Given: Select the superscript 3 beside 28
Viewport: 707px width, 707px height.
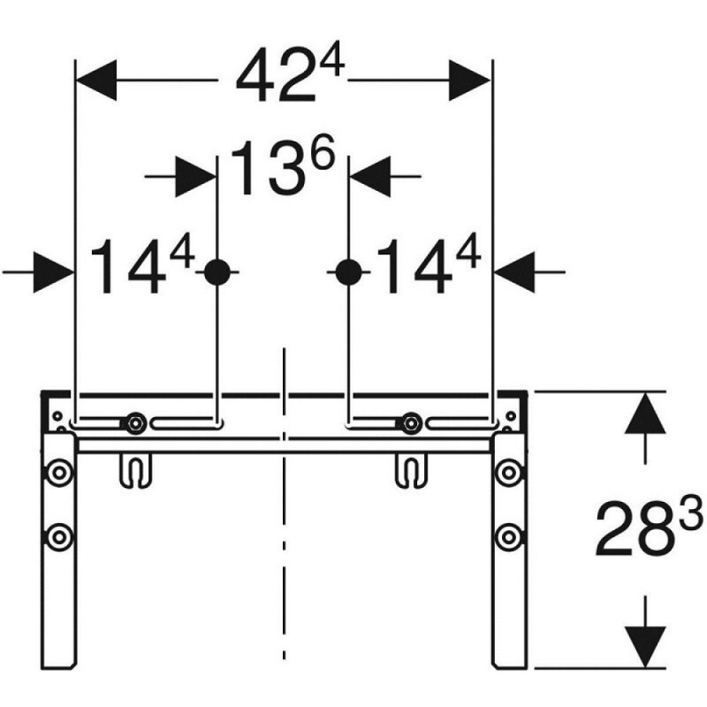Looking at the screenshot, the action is (x=691, y=512).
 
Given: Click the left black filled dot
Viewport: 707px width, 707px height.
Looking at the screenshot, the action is (x=218, y=273).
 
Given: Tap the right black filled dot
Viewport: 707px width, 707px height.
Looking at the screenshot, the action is (x=349, y=273).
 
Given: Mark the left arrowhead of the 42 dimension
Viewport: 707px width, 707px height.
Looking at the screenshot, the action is (x=97, y=80).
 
